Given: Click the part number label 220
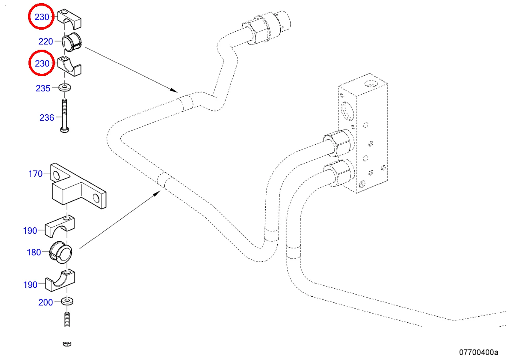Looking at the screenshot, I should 45,41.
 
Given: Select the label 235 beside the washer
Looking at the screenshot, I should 43,88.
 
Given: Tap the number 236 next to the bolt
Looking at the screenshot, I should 46,117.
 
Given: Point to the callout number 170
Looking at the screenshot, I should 35,174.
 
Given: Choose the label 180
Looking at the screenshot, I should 34,253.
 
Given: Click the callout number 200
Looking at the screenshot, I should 45,302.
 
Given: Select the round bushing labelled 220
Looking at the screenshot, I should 71,42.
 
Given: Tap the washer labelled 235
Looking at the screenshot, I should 65,87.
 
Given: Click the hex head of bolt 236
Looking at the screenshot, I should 65,129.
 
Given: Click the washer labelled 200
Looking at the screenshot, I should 67,301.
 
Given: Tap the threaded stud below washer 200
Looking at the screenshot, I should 67,320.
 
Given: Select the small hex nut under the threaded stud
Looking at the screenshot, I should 67,343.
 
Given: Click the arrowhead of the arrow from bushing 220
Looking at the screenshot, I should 175,90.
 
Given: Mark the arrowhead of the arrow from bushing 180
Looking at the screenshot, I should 158,194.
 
